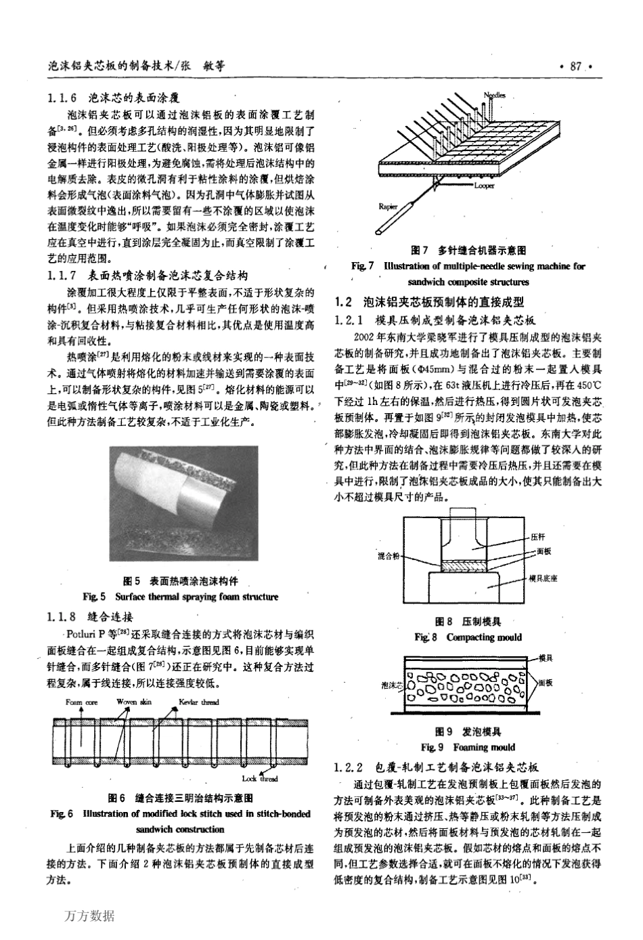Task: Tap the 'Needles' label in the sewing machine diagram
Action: coord(494,95)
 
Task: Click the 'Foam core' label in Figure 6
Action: coord(81,702)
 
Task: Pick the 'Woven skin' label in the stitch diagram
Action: coord(134,702)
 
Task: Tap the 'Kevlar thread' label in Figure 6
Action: coord(199,702)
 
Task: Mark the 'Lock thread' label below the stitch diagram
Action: coord(260,779)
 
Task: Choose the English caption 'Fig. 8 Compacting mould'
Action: coord(468,637)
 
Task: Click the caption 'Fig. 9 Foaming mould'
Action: coord(468,747)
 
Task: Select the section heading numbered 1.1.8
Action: coord(91,616)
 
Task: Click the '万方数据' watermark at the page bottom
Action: coord(91,916)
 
